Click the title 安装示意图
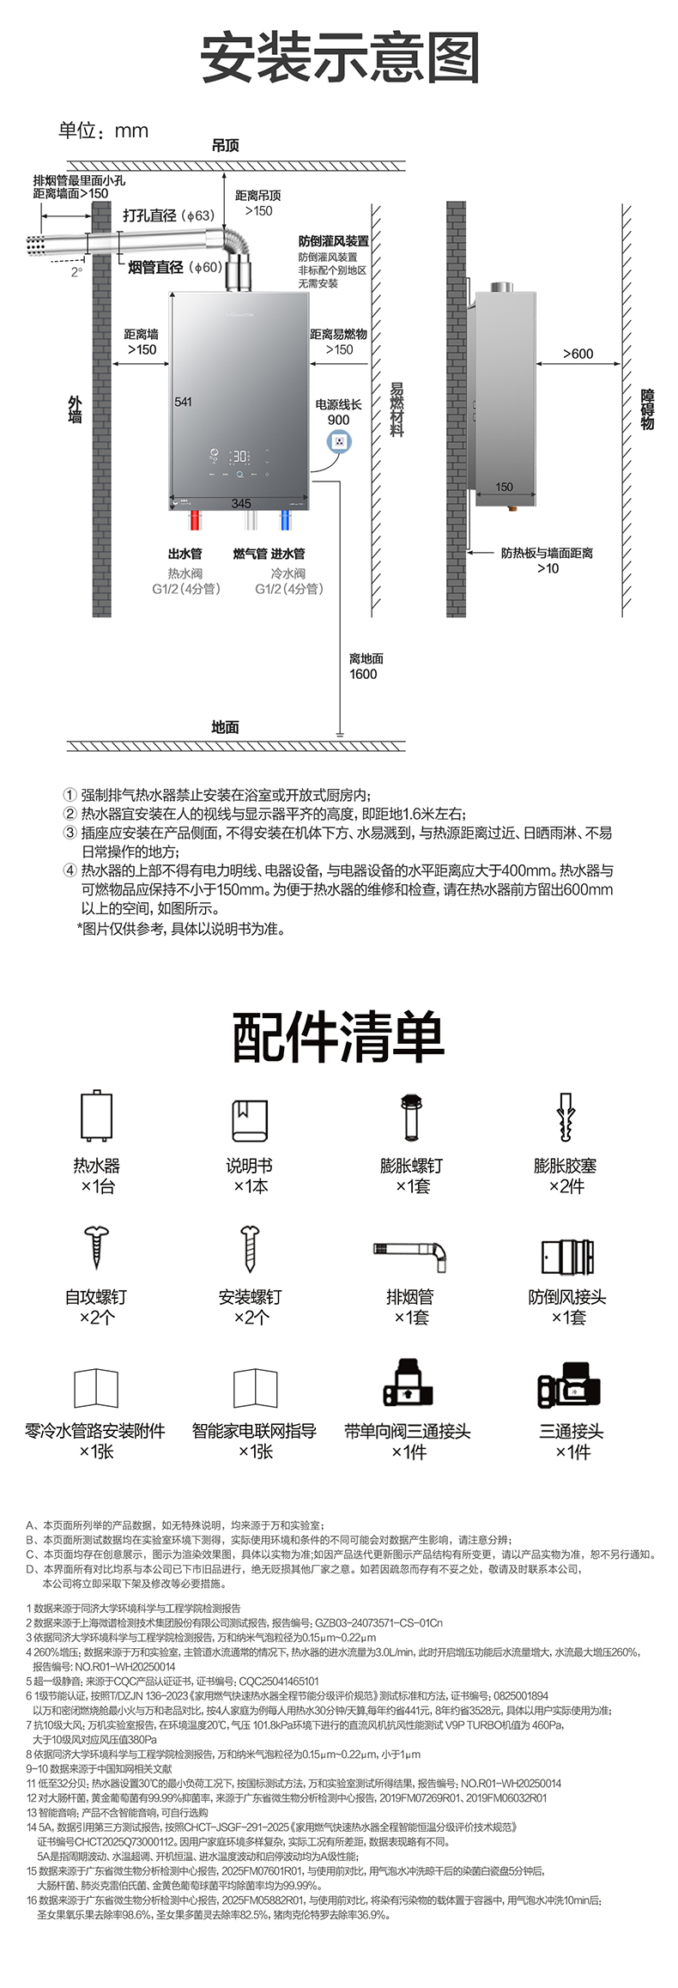click(339, 58)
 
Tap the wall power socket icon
click(339, 442)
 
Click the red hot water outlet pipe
click(195, 521)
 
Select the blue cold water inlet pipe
click(285, 521)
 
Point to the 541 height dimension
click(183, 402)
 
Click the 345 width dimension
click(241, 503)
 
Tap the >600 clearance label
click(578, 354)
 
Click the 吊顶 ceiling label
click(225, 145)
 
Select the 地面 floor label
click(225, 727)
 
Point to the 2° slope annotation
click(76, 272)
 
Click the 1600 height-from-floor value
click(363, 675)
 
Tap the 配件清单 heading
click(339, 1037)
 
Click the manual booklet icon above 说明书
click(250, 1119)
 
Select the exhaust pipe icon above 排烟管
click(410, 1254)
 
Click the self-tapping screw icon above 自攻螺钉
click(95, 1247)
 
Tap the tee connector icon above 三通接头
click(569, 1383)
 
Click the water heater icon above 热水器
click(96, 1117)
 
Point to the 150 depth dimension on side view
click(505, 487)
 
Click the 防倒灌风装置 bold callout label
click(334, 241)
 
